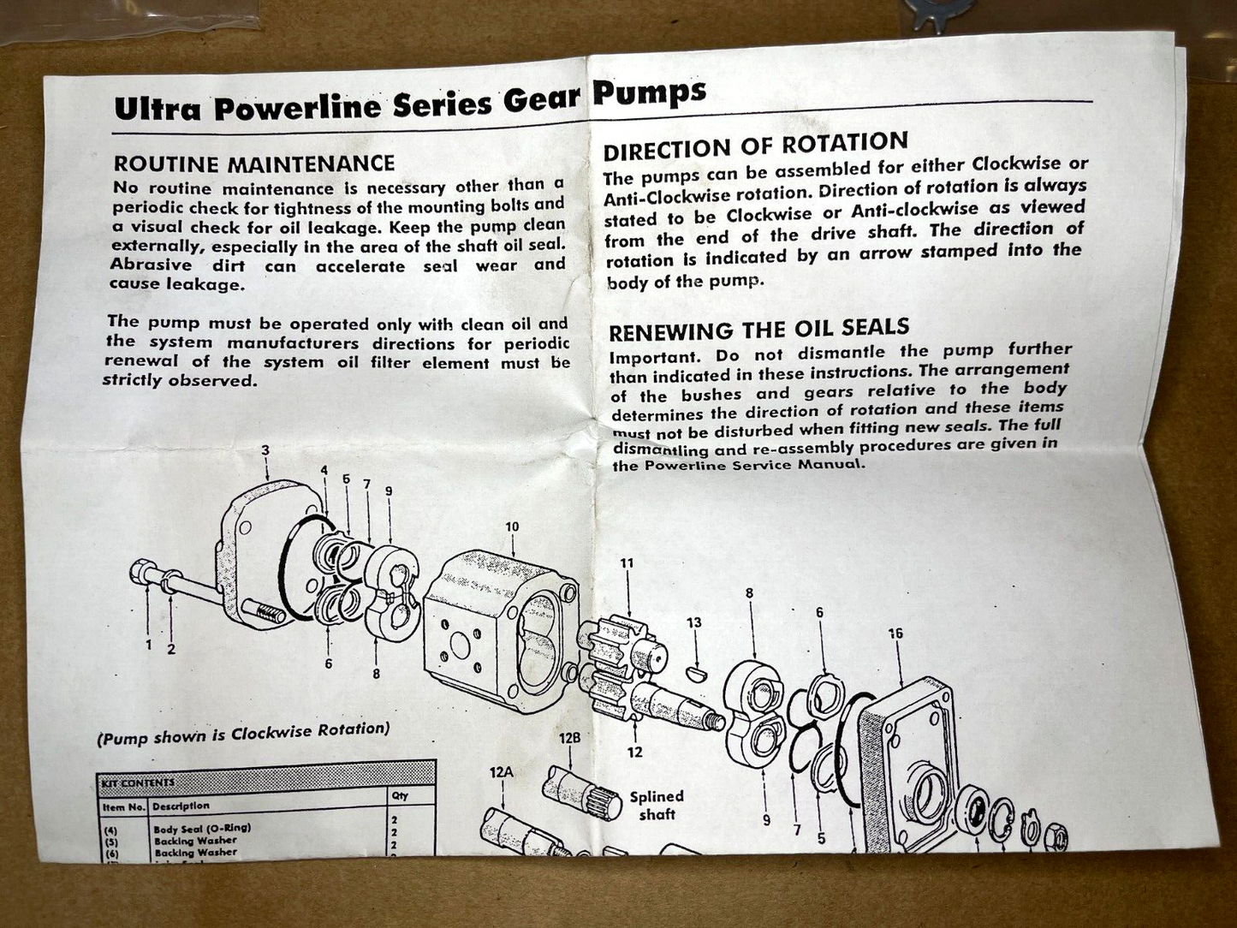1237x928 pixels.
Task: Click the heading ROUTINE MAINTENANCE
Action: [254, 164]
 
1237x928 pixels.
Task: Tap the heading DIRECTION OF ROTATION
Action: [755, 146]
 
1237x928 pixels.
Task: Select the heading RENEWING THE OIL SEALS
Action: [758, 329]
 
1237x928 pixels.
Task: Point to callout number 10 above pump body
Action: [512, 526]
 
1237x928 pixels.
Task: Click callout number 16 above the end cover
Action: [895, 634]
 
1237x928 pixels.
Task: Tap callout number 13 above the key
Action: [693, 622]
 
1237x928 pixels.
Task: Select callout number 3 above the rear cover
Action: [265, 450]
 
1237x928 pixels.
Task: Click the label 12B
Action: [570, 737]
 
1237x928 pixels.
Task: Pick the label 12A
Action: [502, 772]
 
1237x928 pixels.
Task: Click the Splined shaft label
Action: [657, 805]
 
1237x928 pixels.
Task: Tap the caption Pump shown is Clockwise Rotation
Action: [244, 733]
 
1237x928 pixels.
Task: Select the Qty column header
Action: [400, 795]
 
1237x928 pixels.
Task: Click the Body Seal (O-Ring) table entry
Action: [202, 829]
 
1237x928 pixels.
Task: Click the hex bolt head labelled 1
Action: [142, 571]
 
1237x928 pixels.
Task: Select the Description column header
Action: [181, 806]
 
